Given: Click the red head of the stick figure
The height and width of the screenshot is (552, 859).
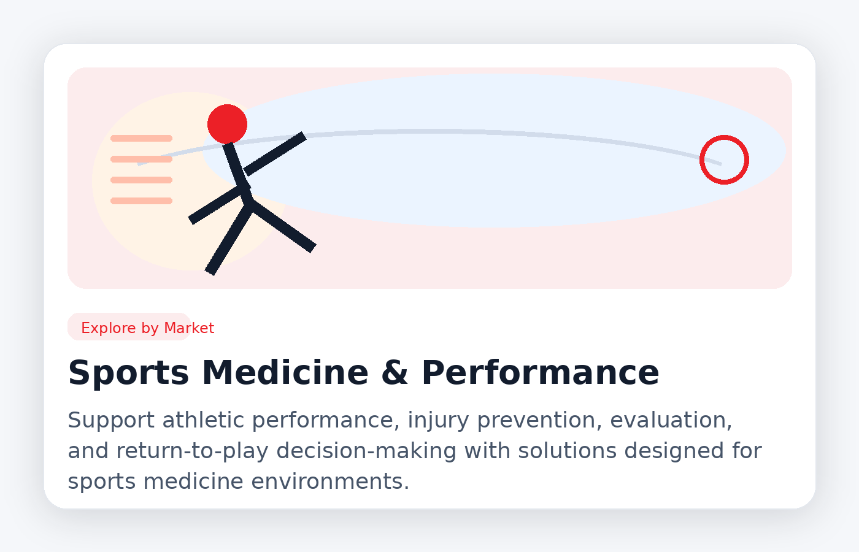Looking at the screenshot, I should tap(227, 124).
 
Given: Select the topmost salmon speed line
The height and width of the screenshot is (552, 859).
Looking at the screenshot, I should tap(141, 139).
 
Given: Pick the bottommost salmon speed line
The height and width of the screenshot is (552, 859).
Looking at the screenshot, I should tap(141, 201).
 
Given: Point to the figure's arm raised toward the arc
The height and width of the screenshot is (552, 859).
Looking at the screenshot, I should tap(275, 153).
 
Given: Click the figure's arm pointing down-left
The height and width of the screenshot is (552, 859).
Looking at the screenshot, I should tap(215, 205).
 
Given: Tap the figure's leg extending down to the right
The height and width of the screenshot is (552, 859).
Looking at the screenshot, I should tap(282, 226).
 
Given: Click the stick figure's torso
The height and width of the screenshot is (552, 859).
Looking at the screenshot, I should tap(237, 169).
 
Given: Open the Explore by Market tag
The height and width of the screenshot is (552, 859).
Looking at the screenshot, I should tap(147, 328).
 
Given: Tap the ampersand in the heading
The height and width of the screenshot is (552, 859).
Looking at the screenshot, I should tap(395, 373).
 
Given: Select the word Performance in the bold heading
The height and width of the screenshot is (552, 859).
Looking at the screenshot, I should tap(540, 373).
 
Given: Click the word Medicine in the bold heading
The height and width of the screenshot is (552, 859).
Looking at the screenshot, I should tap(285, 373).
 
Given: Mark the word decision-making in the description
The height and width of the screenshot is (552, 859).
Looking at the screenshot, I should tap(366, 451).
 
